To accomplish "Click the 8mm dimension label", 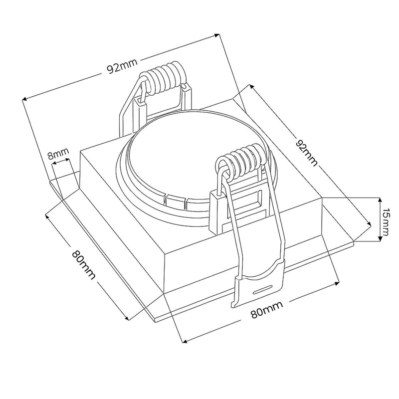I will (x=58, y=155).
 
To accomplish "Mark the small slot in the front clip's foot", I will (x=262, y=288).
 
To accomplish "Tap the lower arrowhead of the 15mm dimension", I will (x=380, y=241).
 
